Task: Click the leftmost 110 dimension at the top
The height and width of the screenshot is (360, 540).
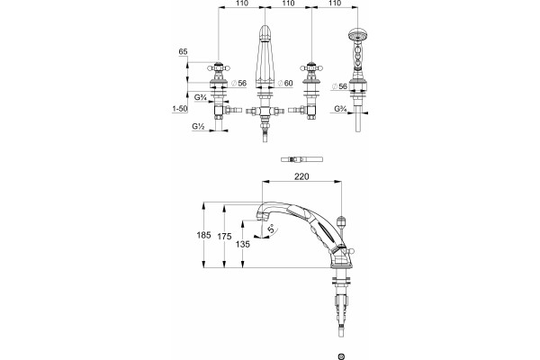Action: click(242, 3)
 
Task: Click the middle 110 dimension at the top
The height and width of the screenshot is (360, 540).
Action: click(288, 3)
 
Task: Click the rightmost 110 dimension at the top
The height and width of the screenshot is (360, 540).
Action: click(335, 3)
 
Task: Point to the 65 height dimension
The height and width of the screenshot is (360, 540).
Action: click(183, 51)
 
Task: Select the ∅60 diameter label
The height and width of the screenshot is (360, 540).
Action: click(285, 83)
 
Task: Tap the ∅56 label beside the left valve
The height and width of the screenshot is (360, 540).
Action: click(239, 83)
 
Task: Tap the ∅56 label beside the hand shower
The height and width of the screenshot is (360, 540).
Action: click(339, 86)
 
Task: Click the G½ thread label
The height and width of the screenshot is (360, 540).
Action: click(198, 127)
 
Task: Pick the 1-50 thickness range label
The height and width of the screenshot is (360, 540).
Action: click(180, 109)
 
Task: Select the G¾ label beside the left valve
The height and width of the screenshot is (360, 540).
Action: click(200, 97)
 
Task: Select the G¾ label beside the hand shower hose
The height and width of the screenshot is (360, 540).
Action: click(340, 109)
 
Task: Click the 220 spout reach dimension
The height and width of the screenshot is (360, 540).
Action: click(301, 176)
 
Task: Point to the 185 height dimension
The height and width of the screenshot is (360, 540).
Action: click(203, 235)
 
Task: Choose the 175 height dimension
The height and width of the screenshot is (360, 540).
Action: click(224, 237)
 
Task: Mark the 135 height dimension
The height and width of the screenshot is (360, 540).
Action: click(243, 244)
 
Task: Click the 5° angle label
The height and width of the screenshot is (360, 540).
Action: click(272, 229)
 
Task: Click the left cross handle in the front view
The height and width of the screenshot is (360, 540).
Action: click(218, 67)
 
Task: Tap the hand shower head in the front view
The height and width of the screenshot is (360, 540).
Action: click(358, 33)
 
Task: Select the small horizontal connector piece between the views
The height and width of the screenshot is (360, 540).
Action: click(302, 159)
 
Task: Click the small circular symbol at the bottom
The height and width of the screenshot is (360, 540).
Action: click(341, 356)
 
